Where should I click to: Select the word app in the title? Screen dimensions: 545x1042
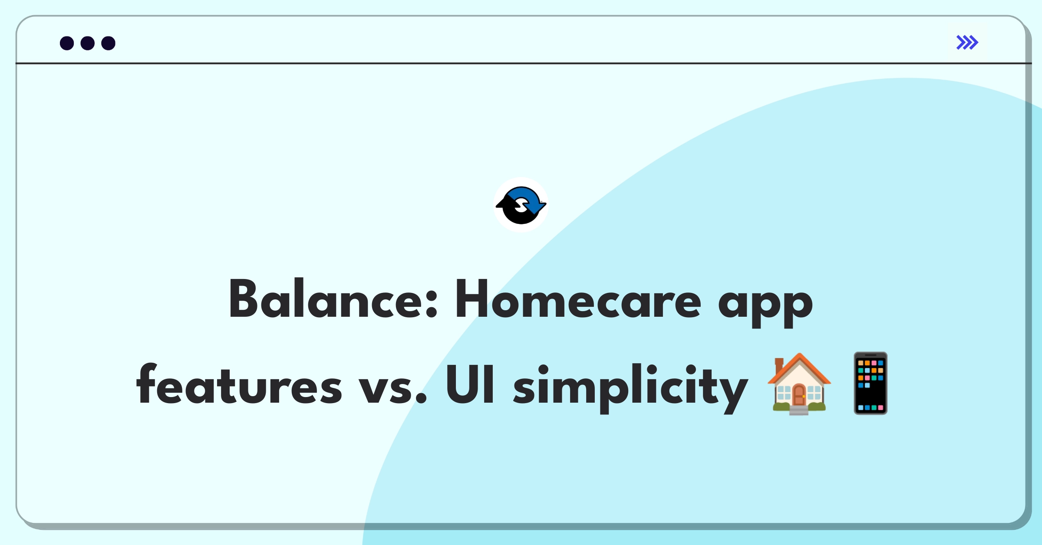click(765, 304)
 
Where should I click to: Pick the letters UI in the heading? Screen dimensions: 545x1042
click(470, 384)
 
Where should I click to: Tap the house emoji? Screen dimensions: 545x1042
click(799, 384)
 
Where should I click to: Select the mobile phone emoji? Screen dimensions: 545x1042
click(871, 384)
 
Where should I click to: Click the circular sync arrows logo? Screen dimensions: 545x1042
click(521, 205)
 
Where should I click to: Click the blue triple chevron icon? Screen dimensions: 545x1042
click(967, 43)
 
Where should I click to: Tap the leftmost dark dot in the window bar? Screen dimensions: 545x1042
click(67, 43)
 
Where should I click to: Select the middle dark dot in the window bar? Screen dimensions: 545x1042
click(88, 43)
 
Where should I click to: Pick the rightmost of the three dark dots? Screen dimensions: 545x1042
click(108, 43)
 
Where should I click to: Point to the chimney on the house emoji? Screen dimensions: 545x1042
click(779, 365)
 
